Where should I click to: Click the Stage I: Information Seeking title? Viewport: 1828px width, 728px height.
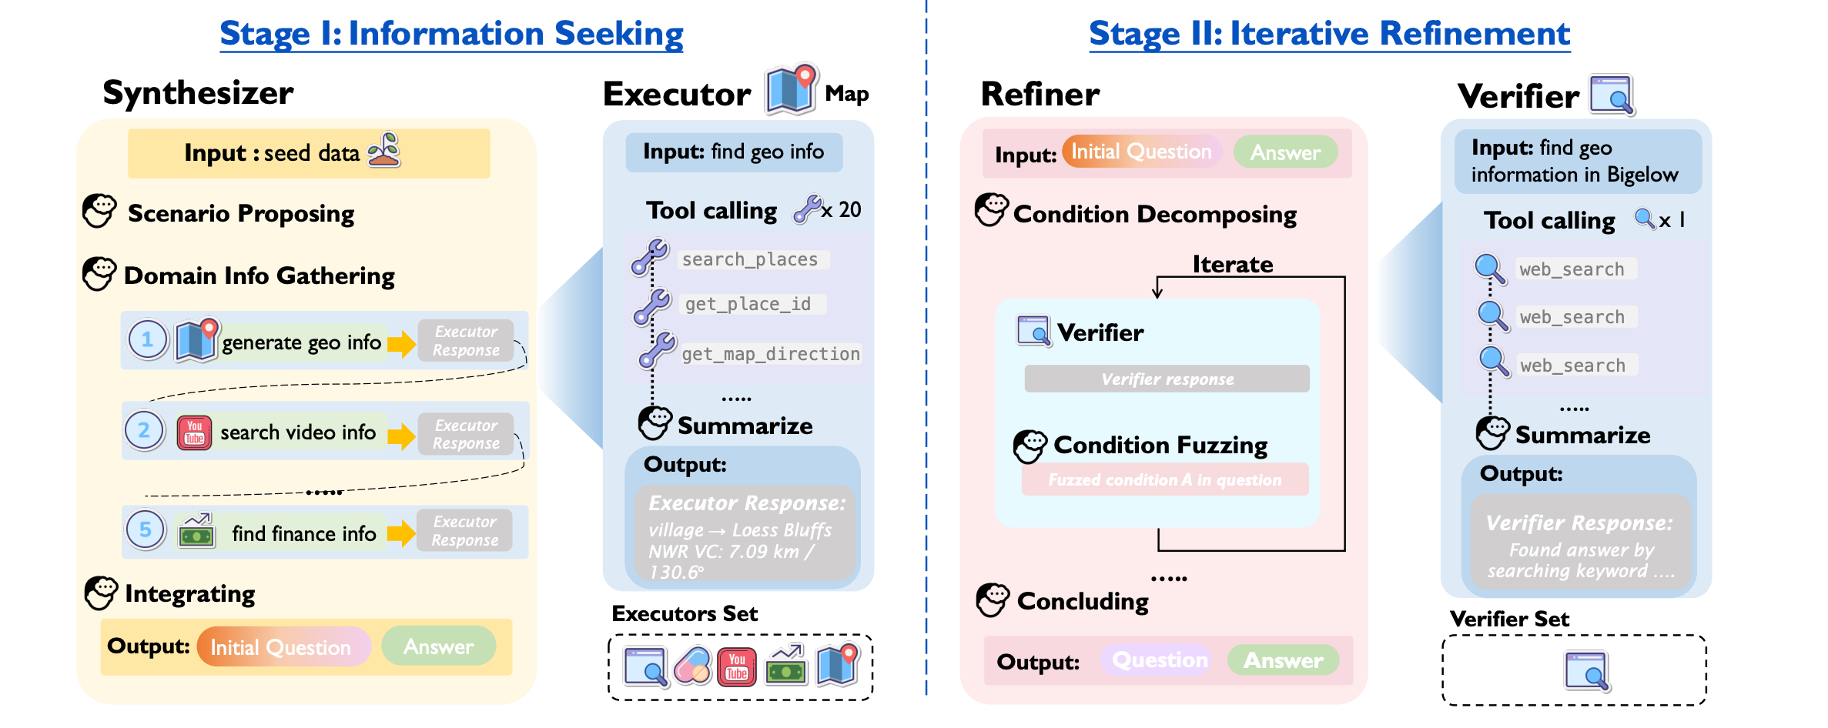(451, 34)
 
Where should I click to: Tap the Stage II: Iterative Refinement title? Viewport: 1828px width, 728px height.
(1329, 34)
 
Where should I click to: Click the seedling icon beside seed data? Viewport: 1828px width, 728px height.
(384, 150)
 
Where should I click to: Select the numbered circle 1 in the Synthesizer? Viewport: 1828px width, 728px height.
(148, 339)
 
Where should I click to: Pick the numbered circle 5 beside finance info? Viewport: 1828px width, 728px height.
(145, 530)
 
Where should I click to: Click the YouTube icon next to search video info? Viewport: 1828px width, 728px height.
(194, 432)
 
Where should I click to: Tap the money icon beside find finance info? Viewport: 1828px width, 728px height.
(196, 531)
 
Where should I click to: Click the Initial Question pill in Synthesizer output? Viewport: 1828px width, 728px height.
(281, 647)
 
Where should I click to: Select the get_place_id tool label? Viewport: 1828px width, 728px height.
(748, 304)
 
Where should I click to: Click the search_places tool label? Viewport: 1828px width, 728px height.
(750, 259)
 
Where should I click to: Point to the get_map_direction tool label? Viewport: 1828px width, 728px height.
(771, 354)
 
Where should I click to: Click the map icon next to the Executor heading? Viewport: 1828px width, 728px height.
(791, 91)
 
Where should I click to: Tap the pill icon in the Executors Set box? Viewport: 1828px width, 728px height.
(692, 666)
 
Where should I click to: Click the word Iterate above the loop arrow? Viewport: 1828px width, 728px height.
(1232, 264)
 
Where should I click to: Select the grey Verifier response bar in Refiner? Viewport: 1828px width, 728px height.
(1167, 379)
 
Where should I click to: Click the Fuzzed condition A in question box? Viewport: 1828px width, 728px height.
(1164, 480)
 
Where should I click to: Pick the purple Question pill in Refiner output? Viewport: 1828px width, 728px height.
(1159, 660)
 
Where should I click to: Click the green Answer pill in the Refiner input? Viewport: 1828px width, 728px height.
(1285, 152)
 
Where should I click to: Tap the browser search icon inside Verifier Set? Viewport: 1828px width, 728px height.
(1587, 671)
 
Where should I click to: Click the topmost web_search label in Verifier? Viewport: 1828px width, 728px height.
(1572, 269)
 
